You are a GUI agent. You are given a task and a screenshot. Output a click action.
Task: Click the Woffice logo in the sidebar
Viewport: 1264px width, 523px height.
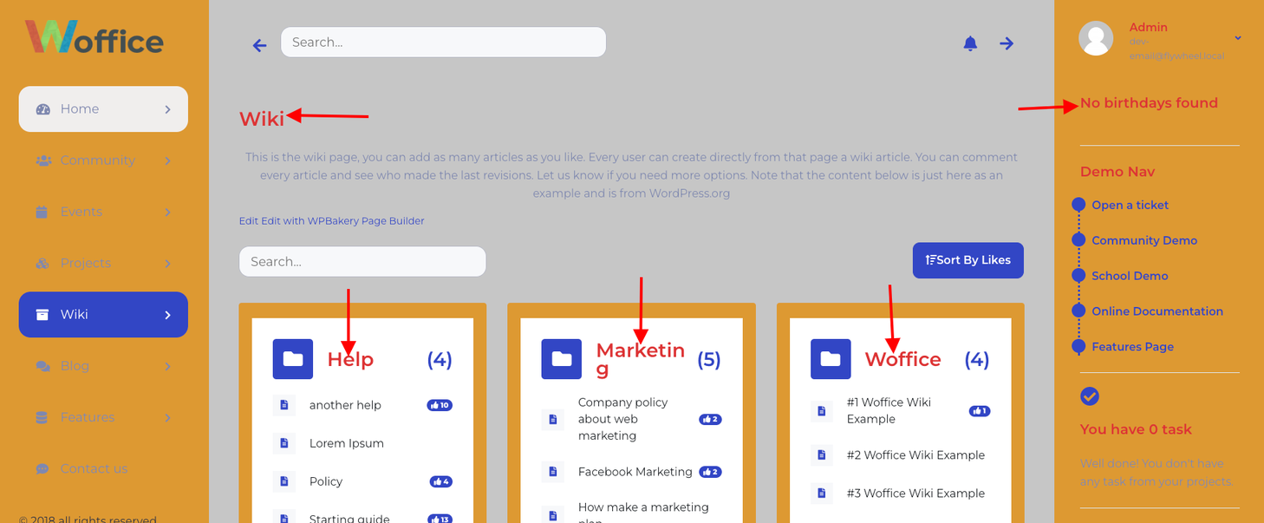click(94, 38)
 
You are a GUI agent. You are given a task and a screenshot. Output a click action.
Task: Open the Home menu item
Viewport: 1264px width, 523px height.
click(103, 109)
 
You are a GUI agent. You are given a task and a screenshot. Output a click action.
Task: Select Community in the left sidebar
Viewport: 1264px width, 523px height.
click(97, 160)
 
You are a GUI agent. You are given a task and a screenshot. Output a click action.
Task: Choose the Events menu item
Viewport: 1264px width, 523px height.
click(81, 212)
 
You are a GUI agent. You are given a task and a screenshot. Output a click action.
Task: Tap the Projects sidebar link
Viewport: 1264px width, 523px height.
click(85, 263)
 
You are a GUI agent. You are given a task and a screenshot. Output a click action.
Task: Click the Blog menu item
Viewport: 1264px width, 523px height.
click(75, 366)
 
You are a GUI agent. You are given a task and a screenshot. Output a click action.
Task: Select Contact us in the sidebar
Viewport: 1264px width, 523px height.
click(94, 468)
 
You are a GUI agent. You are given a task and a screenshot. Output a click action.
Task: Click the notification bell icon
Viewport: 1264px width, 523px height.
click(970, 43)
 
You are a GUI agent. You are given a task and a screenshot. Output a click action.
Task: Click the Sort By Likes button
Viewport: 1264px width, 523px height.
click(968, 260)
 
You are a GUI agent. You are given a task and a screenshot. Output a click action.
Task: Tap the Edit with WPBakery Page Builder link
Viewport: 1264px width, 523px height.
click(342, 221)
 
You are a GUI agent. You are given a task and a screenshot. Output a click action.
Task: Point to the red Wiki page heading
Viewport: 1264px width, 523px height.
click(261, 119)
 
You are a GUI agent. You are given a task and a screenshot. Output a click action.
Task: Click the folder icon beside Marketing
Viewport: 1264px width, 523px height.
click(562, 359)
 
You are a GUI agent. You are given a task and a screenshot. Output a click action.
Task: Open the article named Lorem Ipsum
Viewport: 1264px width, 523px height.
click(346, 443)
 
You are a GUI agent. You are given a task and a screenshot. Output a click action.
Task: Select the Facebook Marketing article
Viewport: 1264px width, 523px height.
click(635, 472)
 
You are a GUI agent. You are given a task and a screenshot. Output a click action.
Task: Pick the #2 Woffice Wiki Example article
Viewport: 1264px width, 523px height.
click(915, 455)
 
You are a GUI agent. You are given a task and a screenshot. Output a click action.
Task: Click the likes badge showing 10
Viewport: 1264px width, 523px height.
click(440, 405)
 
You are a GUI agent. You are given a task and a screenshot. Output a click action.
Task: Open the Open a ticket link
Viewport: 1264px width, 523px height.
click(1130, 206)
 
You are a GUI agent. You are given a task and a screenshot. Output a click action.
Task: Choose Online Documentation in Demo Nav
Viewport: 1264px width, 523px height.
click(1156, 311)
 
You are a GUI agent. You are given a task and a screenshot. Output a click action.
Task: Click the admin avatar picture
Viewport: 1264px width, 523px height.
click(1096, 38)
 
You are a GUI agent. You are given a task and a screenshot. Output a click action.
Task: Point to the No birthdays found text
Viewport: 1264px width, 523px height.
click(1149, 103)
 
